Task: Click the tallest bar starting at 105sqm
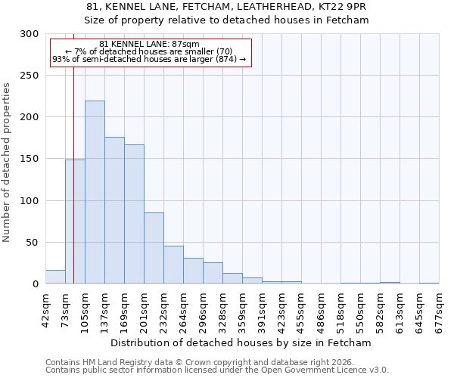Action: (x=95, y=193)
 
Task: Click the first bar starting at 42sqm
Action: (x=55, y=277)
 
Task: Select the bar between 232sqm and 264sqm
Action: (x=173, y=265)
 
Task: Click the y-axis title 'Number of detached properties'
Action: (x=8, y=163)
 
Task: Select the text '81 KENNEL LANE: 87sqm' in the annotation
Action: (x=149, y=45)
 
